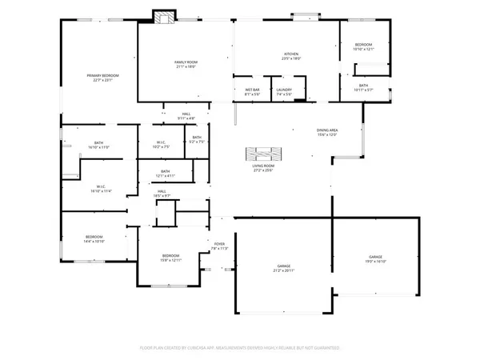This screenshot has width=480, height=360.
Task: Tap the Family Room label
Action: [186, 64]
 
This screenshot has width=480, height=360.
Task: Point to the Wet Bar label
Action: [252, 92]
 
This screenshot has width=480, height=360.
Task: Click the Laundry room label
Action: [283, 92]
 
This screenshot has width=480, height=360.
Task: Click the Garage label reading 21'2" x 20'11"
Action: [283, 268]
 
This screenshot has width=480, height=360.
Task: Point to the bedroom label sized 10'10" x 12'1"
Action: [363, 47]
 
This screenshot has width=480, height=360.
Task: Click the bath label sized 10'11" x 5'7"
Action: [363, 87]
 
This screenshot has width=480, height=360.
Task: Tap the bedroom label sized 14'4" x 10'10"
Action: [94, 238]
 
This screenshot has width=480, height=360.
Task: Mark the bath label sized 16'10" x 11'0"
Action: [94, 146]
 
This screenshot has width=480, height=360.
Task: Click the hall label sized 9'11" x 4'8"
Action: [186, 117]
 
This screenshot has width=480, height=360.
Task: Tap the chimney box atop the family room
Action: [165, 16]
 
